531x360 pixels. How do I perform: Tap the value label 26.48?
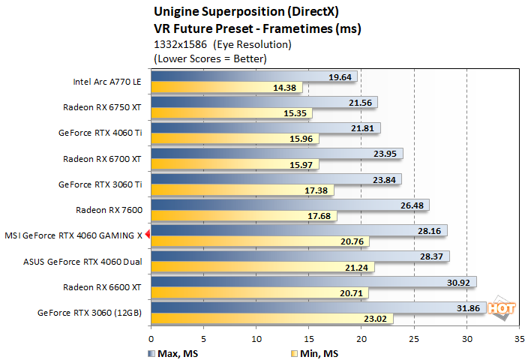click(412, 205)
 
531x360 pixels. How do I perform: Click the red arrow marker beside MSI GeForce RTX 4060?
click(148, 235)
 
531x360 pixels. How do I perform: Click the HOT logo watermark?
click(501, 308)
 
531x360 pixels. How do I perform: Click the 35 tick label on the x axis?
click(519, 338)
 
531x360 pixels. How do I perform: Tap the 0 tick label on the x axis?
click(151, 338)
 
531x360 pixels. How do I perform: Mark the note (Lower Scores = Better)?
click(209, 58)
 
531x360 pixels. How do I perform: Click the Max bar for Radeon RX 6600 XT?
click(313, 281)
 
